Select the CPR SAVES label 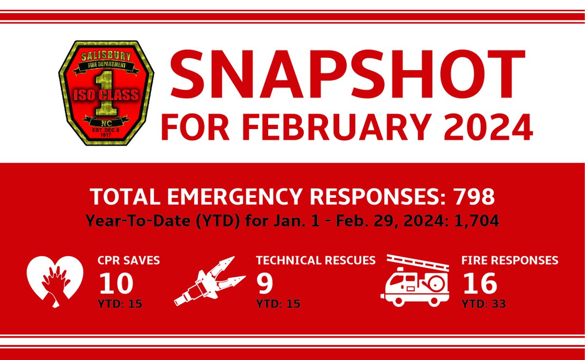pyautogui.click(x=129, y=261)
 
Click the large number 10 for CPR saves pyautogui.click(x=116, y=283)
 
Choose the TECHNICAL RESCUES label pyautogui.click(x=316, y=261)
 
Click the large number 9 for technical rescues pyautogui.click(x=265, y=283)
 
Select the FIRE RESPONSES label pyautogui.click(x=509, y=261)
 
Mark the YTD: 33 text pyautogui.click(x=484, y=304)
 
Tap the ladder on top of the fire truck pyautogui.click(x=418, y=262)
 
